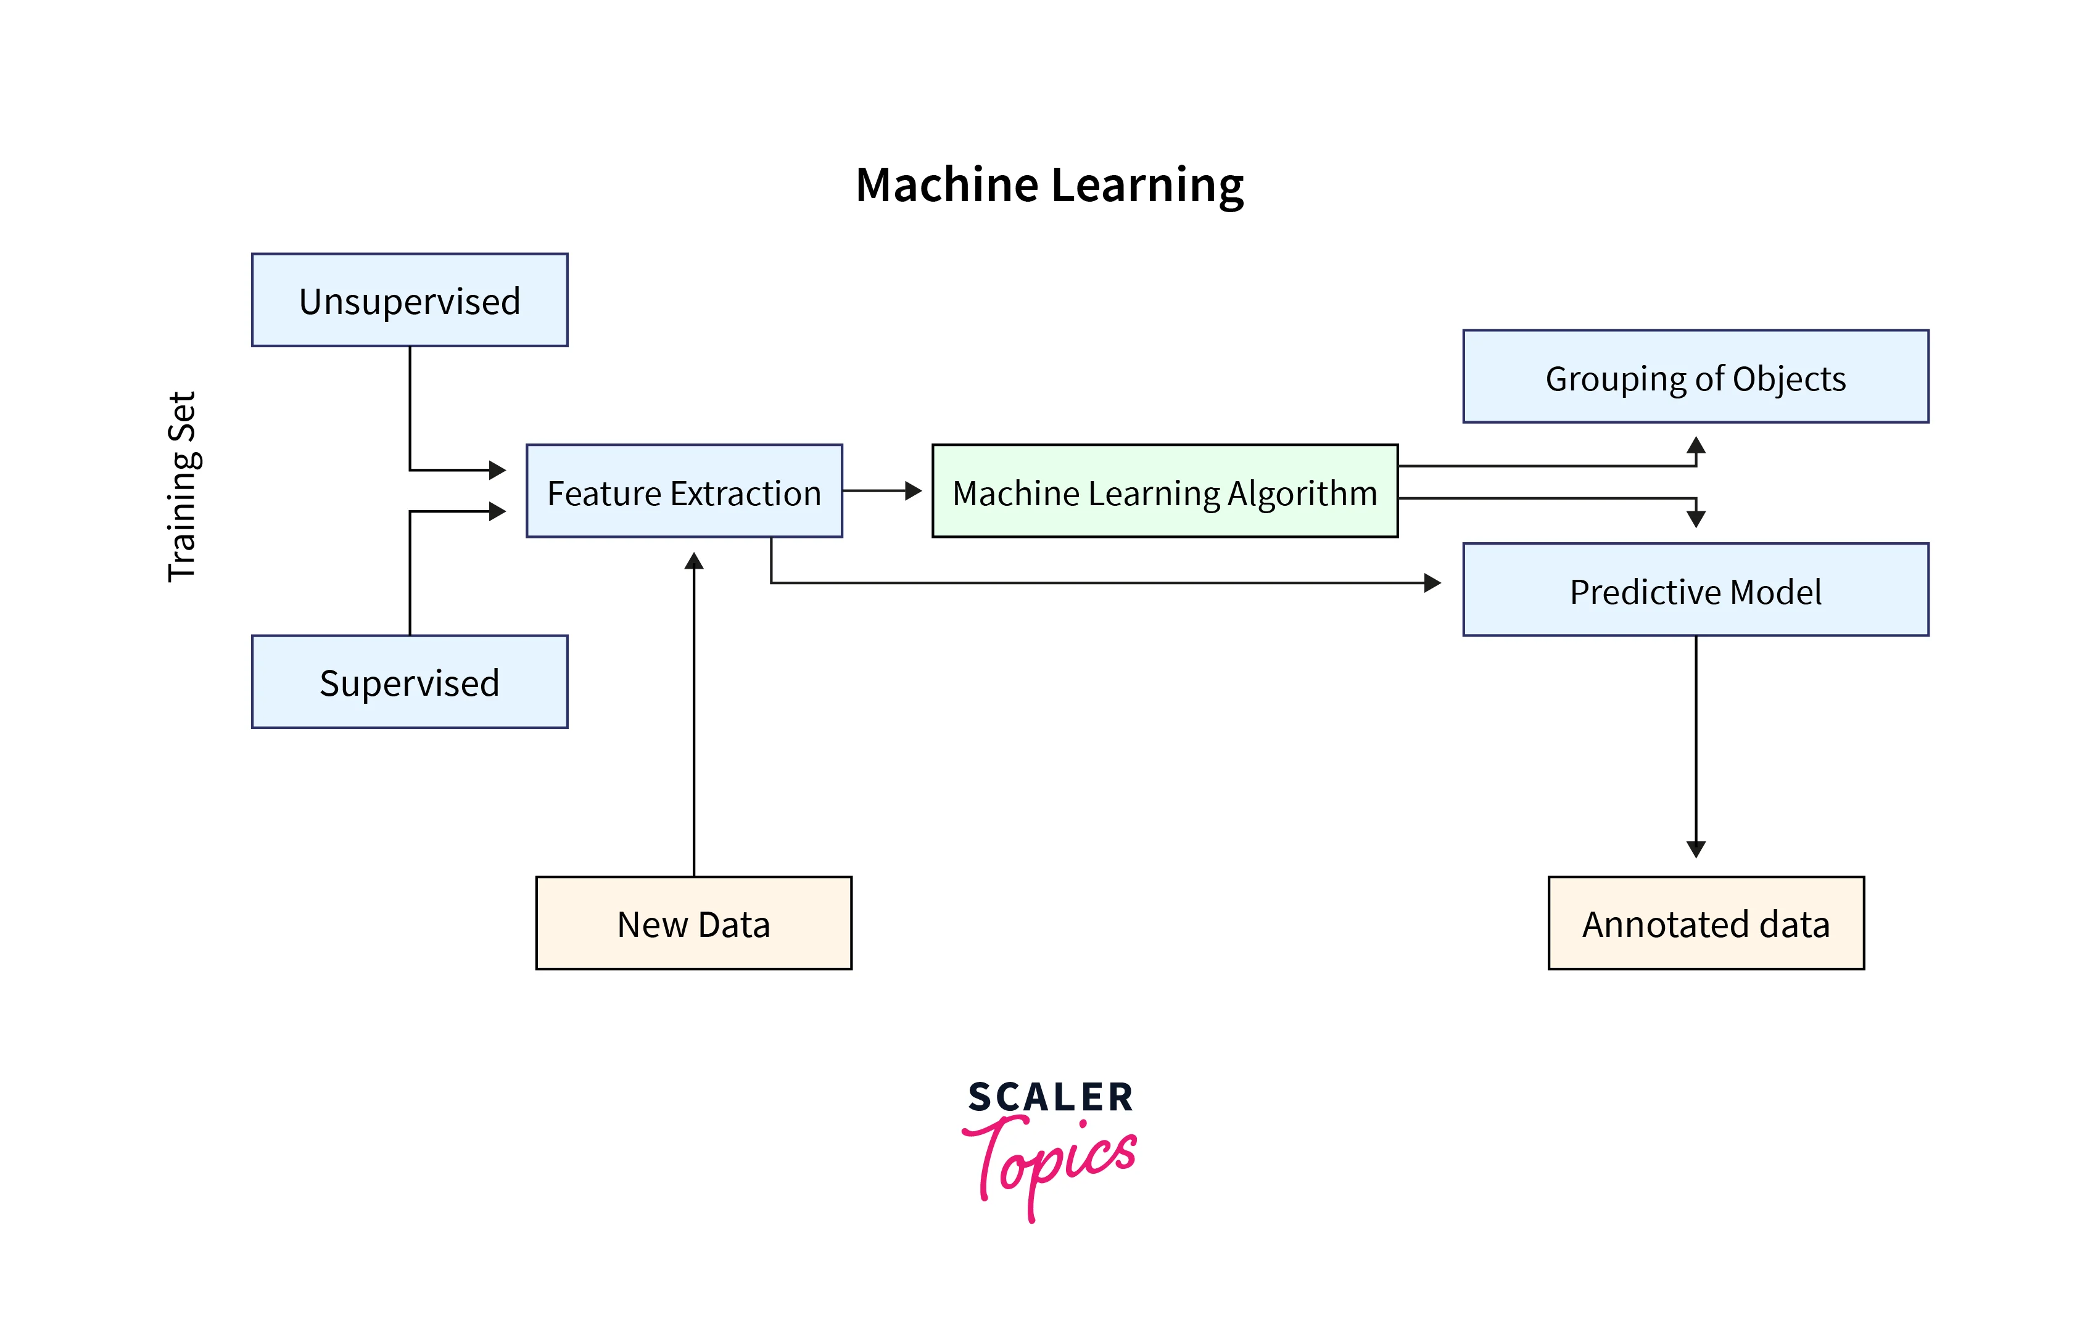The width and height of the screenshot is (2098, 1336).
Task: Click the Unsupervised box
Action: point(410,300)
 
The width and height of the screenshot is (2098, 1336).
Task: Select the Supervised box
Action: point(410,682)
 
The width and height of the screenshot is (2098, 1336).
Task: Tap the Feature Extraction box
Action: point(684,491)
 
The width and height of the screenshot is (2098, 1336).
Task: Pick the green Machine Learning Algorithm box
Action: point(1164,491)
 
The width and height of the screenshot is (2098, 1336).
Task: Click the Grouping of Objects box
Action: point(1695,376)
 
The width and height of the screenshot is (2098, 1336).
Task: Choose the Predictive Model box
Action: point(1695,590)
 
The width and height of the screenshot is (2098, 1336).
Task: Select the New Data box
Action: point(693,923)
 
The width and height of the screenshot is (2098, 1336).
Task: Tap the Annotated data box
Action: point(1705,923)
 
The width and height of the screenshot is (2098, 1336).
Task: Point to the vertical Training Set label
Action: point(182,486)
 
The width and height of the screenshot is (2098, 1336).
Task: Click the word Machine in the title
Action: point(946,186)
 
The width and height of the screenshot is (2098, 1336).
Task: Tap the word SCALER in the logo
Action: point(1050,1097)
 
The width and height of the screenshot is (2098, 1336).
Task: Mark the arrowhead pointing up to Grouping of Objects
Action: point(1695,446)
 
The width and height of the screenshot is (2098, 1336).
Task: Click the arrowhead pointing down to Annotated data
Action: point(1695,849)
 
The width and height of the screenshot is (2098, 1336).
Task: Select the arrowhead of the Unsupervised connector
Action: point(497,470)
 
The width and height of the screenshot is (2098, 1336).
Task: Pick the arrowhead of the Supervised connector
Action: point(497,511)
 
